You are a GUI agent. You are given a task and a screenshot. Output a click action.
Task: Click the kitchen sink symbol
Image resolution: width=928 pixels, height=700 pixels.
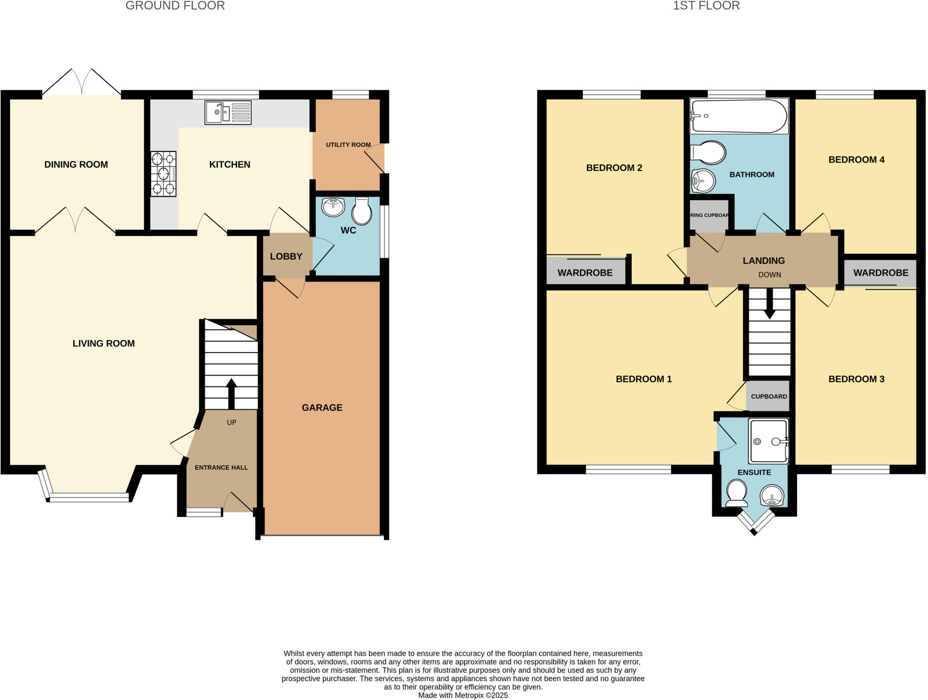click(x=227, y=112)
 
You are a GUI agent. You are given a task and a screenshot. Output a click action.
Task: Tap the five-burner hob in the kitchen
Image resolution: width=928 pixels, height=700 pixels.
click(x=163, y=174)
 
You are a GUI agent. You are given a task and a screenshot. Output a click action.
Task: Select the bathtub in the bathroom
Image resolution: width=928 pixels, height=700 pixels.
click(x=739, y=116)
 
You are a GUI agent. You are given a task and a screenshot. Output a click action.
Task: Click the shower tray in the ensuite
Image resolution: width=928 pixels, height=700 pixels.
click(x=768, y=441)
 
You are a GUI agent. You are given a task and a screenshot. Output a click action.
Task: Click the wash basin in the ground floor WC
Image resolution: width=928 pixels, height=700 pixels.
click(x=333, y=207)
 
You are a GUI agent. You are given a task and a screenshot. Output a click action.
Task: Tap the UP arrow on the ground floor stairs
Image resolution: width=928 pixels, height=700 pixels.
click(x=231, y=393)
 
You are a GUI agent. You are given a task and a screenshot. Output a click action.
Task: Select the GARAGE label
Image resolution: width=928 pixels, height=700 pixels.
click(x=322, y=407)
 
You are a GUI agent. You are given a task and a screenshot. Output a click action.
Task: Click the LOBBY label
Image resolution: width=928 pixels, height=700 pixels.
click(x=286, y=256)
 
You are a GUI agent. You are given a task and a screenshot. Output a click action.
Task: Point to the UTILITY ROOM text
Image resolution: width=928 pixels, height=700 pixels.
click(x=348, y=145)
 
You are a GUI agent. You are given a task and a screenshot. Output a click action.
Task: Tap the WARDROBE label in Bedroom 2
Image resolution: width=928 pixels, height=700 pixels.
click(x=585, y=273)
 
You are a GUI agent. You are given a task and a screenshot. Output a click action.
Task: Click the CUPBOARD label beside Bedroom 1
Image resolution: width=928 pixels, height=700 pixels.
click(x=769, y=396)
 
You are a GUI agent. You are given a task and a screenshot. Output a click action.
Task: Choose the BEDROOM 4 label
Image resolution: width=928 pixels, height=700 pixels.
click(x=856, y=159)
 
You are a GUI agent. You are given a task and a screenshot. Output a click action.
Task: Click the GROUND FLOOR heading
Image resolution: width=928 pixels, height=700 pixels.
click(x=175, y=6)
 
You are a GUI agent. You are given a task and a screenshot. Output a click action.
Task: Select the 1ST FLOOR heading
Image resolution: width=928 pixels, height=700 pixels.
click(x=706, y=6)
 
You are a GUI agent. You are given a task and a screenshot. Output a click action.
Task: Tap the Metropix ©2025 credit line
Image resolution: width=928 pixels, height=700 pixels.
click(x=463, y=695)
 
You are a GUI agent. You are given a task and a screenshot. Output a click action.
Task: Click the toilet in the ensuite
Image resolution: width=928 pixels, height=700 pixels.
click(x=737, y=493)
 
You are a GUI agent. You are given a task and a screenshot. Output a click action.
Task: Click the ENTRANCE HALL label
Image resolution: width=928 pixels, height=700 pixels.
click(x=221, y=468)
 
